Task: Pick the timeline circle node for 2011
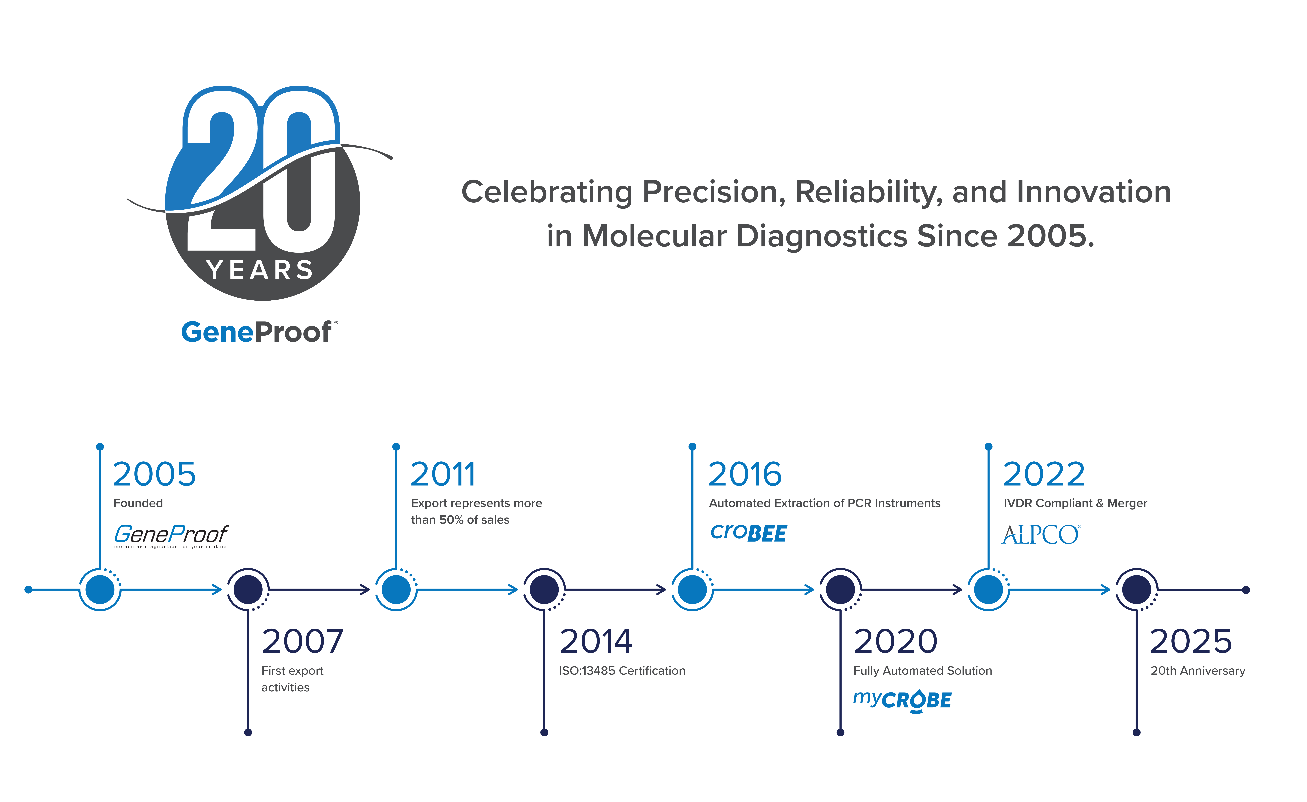click(x=396, y=589)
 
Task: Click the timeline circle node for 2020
click(x=840, y=589)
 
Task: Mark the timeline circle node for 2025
click(x=1136, y=589)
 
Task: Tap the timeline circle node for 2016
click(x=692, y=589)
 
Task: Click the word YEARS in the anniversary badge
click(x=260, y=271)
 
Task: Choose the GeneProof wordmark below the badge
click(x=257, y=333)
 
